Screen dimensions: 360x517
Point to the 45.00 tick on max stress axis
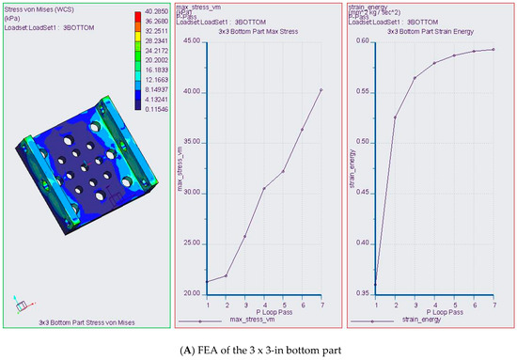coord(190,41)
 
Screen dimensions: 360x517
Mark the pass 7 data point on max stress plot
coord(321,90)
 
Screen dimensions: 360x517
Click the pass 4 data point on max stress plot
coord(264,188)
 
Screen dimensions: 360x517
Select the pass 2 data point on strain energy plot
coord(395,117)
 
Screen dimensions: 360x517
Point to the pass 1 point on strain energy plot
coord(376,284)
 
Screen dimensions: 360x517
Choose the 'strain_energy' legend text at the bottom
coord(423,321)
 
